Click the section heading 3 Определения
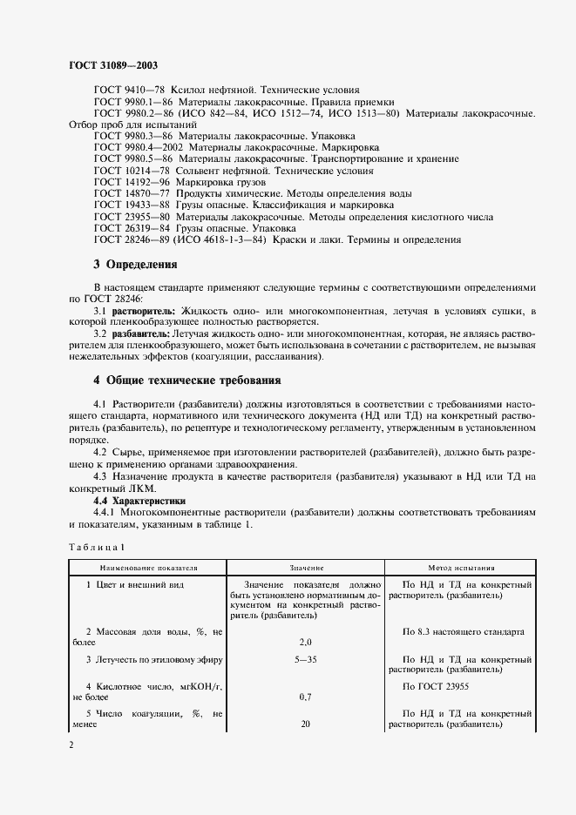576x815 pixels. point(135,264)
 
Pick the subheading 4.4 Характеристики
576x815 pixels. point(139,502)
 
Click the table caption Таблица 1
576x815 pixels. point(97,546)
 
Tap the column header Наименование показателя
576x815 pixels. point(141,567)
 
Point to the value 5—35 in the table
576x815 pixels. point(306,659)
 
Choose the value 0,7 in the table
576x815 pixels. point(306,697)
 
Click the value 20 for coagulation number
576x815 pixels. point(306,724)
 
